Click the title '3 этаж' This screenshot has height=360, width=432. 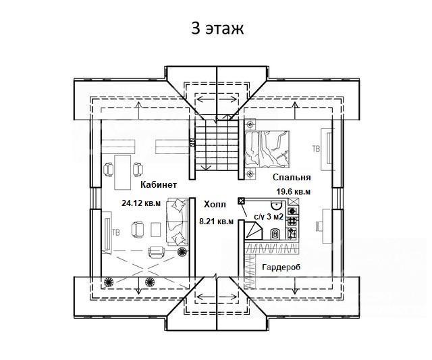point(216,29)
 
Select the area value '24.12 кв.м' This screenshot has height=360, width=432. point(141,202)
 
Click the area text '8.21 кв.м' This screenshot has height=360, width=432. point(216,221)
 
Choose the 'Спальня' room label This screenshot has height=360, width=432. point(292,178)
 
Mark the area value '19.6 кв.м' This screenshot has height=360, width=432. point(293,192)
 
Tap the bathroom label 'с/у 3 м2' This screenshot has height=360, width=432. point(268,217)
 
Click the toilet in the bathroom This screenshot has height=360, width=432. point(275,234)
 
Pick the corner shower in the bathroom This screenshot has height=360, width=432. point(255,232)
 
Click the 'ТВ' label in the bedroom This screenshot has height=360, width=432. point(315,148)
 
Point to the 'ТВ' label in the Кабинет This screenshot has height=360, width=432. point(115,232)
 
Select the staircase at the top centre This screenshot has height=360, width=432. point(217,145)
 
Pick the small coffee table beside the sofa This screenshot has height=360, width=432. point(156,230)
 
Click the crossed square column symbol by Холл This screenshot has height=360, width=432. point(241,201)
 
